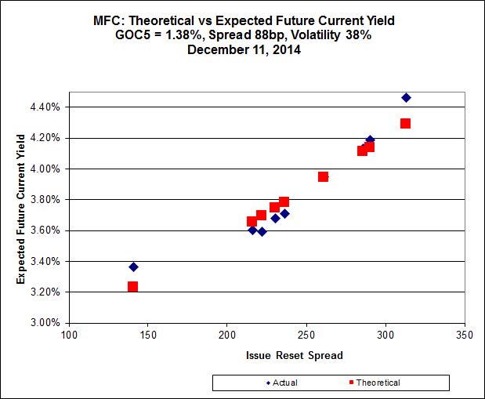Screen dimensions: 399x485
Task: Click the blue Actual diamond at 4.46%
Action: [x=406, y=98]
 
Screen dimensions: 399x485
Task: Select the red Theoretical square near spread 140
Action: [x=132, y=287]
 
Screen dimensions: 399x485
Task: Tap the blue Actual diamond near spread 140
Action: [x=133, y=267]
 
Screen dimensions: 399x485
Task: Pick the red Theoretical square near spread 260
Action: [x=323, y=177]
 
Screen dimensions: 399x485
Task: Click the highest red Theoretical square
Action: [x=405, y=124]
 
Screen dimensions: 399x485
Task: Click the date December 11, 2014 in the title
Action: [x=243, y=49]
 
